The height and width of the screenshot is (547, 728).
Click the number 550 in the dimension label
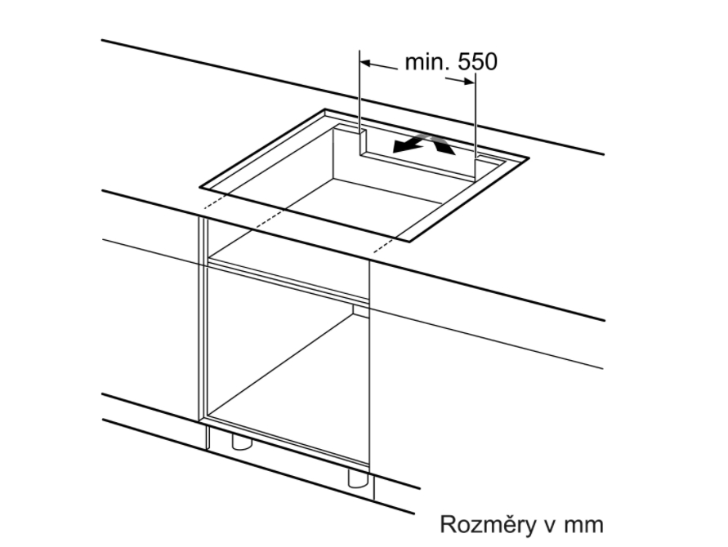(x=478, y=62)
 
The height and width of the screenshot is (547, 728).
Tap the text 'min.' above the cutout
(x=427, y=62)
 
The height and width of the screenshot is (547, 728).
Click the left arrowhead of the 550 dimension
(x=366, y=63)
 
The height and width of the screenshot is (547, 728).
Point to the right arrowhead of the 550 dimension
(x=469, y=81)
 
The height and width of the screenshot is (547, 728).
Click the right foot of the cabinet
(x=358, y=478)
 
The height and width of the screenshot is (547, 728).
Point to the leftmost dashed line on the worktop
(x=215, y=202)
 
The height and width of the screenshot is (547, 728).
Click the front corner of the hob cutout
(x=409, y=242)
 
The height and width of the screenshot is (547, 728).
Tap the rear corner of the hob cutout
(x=325, y=109)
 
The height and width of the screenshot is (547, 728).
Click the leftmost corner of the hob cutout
(x=200, y=188)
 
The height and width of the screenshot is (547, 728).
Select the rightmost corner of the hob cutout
(x=529, y=158)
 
